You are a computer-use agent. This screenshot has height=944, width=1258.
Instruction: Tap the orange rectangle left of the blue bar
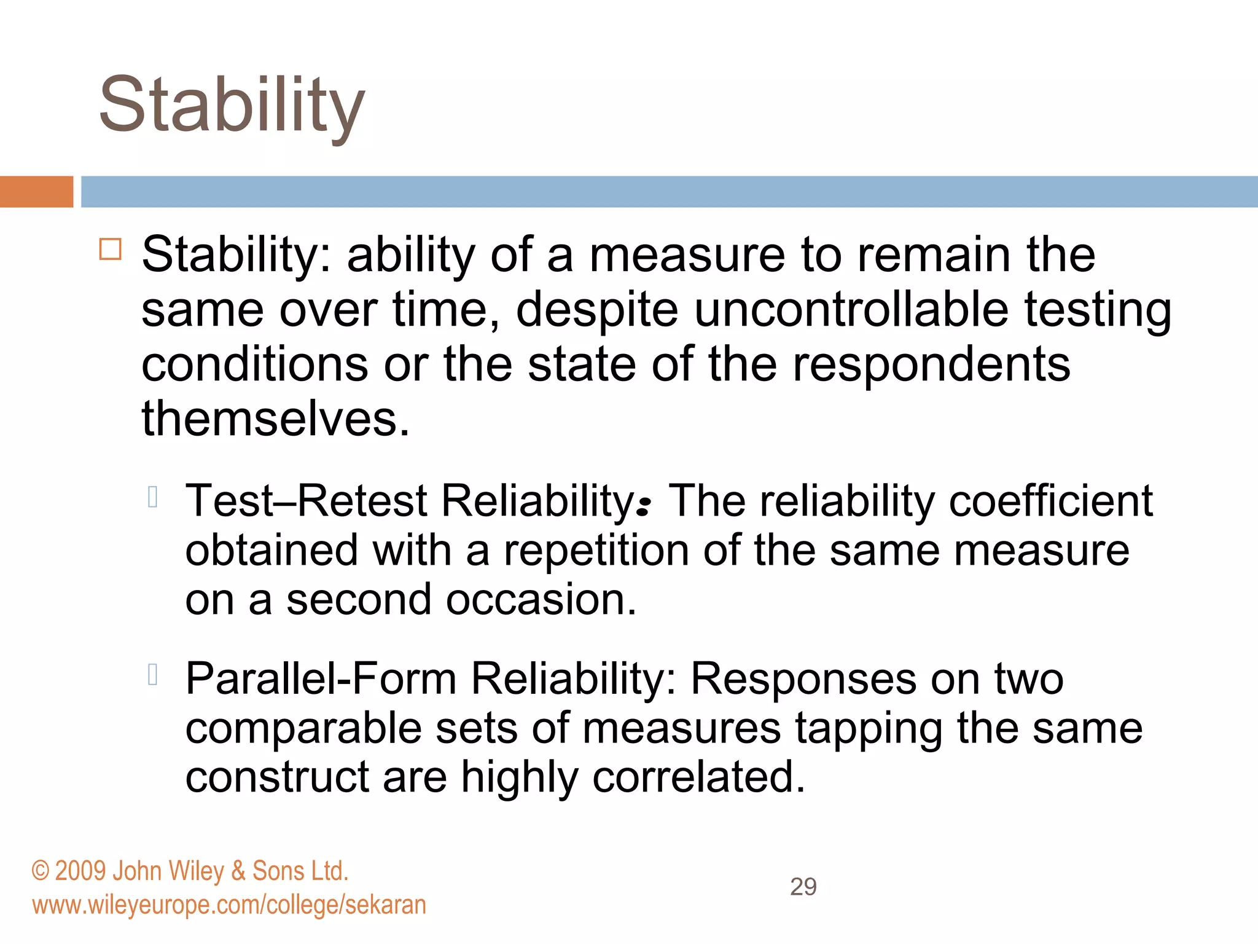tap(36, 192)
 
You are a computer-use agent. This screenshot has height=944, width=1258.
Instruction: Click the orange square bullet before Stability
tap(111, 250)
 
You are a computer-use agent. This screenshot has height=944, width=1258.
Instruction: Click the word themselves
tap(275, 419)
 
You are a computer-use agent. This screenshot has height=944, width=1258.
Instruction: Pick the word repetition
tap(596, 550)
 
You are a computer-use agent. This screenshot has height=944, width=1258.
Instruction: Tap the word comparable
tap(303, 729)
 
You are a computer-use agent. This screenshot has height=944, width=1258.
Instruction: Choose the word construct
tap(277, 777)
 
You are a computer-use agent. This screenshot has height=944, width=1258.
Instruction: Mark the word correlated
tap(698, 777)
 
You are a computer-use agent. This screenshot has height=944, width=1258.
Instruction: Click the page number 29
tap(803, 887)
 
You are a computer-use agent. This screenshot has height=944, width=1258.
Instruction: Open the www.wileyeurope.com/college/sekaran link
tap(229, 905)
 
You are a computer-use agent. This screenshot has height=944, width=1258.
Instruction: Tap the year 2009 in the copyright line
tap(80, 871)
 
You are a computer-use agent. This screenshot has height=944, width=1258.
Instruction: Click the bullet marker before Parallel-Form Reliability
tap(153, 674)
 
